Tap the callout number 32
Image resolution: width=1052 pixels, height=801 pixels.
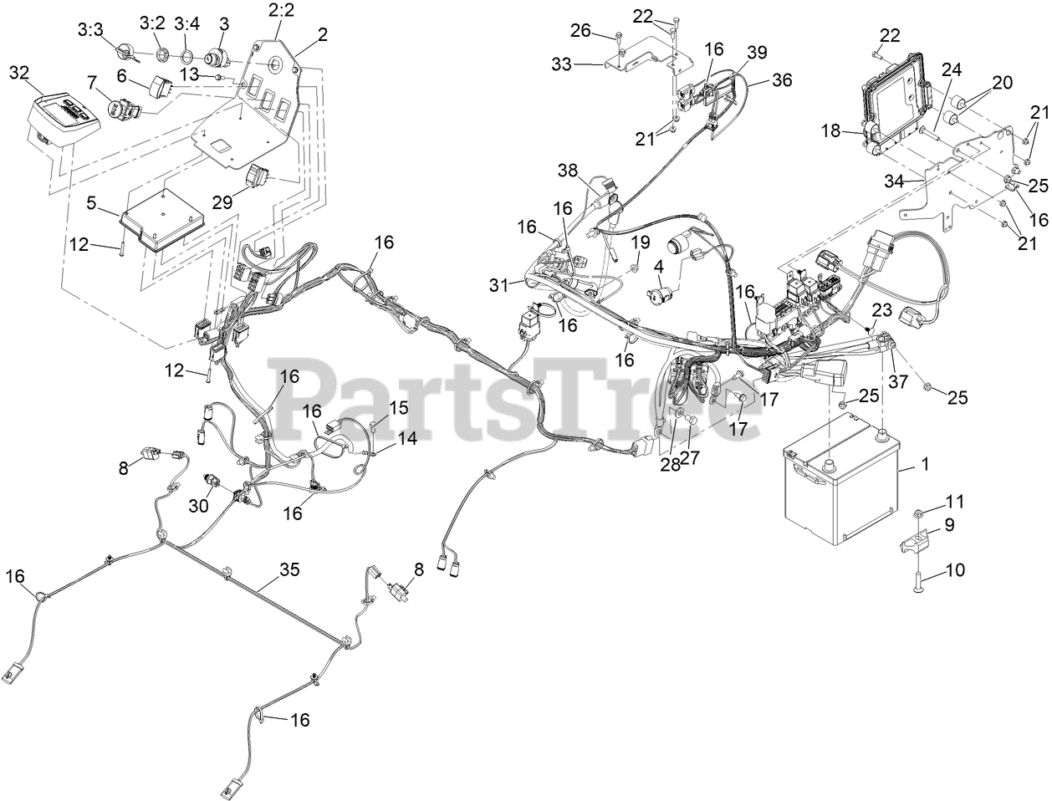pos(19,73)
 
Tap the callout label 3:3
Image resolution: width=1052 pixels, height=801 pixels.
pos(89,30)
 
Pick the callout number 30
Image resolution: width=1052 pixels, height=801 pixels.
pos(197,505)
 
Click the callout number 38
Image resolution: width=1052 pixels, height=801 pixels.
pos(568,171)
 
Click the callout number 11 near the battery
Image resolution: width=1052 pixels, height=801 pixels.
pos(954,502)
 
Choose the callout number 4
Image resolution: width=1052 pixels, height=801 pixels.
pos(659,267)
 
